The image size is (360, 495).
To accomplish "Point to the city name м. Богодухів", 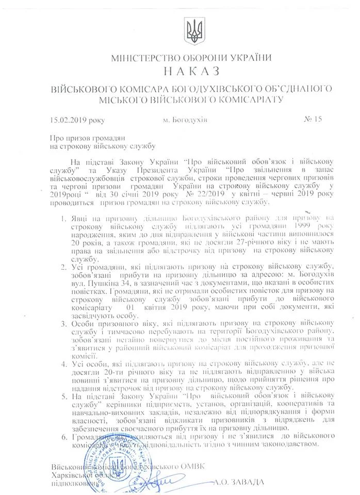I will (x=185, y=120).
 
